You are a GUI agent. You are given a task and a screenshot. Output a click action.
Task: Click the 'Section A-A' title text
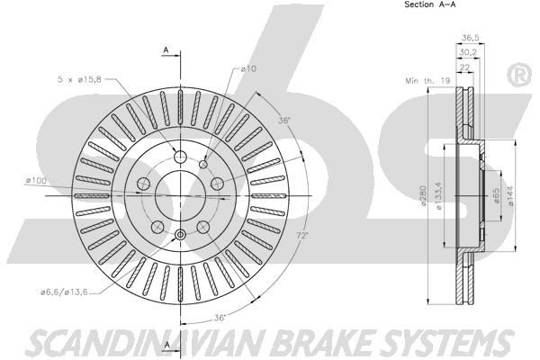click(430, 4)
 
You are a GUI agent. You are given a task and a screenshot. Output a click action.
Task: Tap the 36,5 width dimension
click(470, 38)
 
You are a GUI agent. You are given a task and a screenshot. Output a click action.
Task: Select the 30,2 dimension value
click(467, 52)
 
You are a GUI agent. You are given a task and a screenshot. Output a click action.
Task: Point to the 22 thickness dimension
click(464, 67)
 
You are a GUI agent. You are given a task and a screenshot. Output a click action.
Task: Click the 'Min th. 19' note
click(427, 81)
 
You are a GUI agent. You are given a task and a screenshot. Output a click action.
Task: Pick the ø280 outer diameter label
click(423, 195)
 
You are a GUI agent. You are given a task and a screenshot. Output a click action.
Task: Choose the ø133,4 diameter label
click(438, 195)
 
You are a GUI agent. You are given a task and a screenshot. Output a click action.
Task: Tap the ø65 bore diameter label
click(496, 195)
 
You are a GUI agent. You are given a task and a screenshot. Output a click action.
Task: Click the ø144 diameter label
click(510, 195)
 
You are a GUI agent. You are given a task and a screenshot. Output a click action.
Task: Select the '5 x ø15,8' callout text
click(79, 79)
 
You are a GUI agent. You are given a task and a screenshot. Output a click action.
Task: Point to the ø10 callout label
click(248, 68)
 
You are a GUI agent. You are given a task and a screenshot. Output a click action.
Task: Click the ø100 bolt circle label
click(36, 180)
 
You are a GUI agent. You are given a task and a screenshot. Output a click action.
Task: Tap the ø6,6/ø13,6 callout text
click(64, 292)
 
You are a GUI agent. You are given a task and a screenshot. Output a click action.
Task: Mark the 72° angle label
click(302, 236)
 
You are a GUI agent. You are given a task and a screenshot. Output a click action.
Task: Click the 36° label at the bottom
click(220, 318)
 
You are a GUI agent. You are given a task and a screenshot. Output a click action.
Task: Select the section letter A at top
click(166, 50)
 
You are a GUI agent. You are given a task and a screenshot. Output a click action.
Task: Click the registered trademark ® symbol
click(519, 75)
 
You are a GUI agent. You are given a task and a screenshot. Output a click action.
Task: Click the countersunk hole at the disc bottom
click(180, 235)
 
